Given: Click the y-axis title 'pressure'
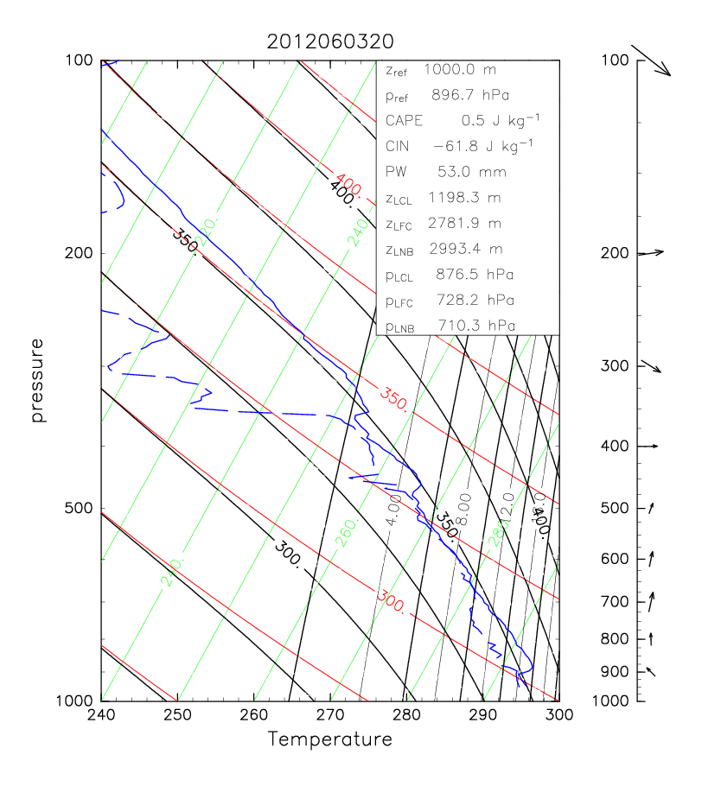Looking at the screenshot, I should click(x=37, y=380).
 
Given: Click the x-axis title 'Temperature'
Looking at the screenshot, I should click(x=329, y=739).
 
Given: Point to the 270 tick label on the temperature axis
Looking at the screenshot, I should click(x=329, y=715).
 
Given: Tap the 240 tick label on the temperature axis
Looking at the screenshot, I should click(x=101, y=715).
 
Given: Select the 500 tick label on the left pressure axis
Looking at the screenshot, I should click(x=80, y=508).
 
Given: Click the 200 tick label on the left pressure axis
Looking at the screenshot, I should click(x=80, y=253).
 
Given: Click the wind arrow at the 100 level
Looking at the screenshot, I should click(x=652, y=60).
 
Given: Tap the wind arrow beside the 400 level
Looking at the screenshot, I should click(x=648, y=446).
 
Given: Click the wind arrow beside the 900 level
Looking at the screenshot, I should click(x=651, y=670).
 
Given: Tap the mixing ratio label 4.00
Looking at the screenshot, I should click(x=393, y=510).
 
